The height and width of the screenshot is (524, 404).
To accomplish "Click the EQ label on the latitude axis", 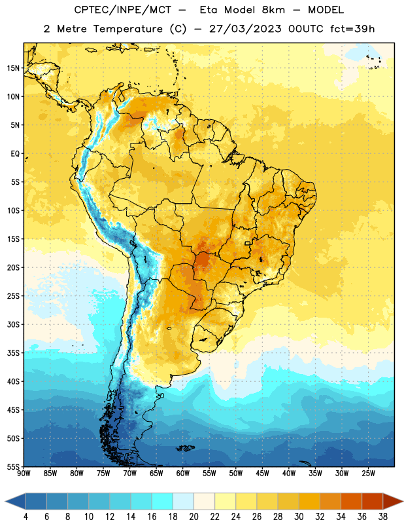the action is tap(15, 154).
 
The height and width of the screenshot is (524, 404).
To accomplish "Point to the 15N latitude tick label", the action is tap(13, 68).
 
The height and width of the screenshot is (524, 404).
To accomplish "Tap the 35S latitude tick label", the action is tap(13, 353).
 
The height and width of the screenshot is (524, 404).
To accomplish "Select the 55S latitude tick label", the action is tap(13, 466).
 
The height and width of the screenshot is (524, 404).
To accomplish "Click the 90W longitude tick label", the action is tap(24, 474).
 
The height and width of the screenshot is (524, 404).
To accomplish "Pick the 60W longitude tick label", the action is tap(183, 474).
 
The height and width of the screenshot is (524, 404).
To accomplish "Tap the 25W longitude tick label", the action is tap(368, 474).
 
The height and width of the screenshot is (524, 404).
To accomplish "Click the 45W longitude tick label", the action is tap(262, 474).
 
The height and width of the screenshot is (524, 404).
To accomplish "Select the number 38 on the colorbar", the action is tap(383, 517).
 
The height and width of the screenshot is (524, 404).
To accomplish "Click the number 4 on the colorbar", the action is tap(25, 517).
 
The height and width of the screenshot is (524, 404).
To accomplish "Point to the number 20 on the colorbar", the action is tap(194, 517).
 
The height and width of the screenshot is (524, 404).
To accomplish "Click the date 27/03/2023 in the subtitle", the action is tap(246, 29).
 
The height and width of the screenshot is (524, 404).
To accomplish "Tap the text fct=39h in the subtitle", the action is tap(352, 29).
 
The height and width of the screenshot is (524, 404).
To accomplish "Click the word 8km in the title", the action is tap(273, 10).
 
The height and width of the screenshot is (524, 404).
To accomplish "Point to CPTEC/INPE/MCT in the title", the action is tap(123, 10).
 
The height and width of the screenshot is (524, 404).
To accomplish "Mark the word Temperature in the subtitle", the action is tap(128, 29).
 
